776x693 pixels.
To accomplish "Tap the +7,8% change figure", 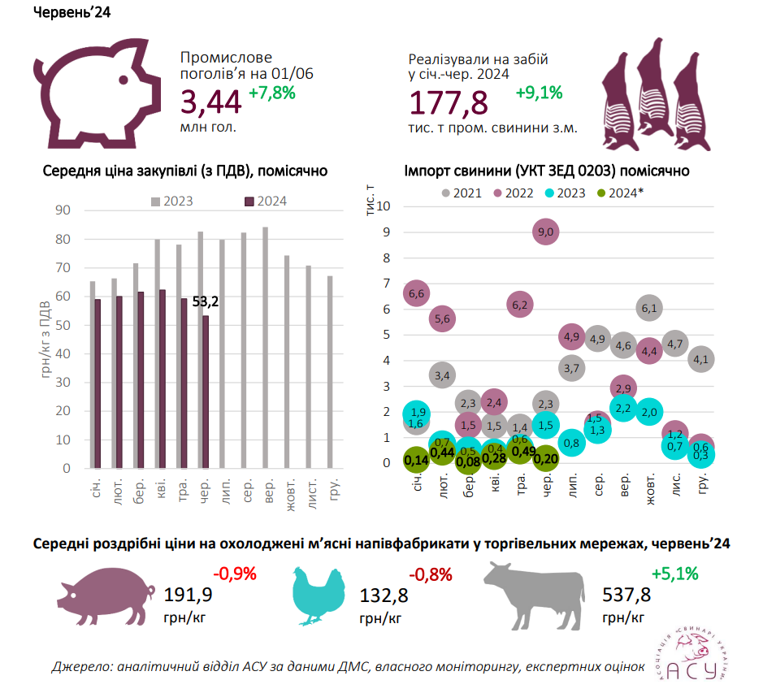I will (271, 93).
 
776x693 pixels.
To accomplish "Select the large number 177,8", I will (449, 103).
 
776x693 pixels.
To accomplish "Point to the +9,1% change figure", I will (539, 93).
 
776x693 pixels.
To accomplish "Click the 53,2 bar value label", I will (206, 301).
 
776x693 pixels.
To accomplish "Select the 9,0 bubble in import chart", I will (547, 232).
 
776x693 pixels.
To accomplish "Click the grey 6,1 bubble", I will (649, 308).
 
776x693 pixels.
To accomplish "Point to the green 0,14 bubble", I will (417, 461).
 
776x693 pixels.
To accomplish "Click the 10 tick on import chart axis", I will (384, 206).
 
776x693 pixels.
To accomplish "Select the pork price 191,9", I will (189, 596).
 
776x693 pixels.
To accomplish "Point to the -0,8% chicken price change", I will (431, 575).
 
